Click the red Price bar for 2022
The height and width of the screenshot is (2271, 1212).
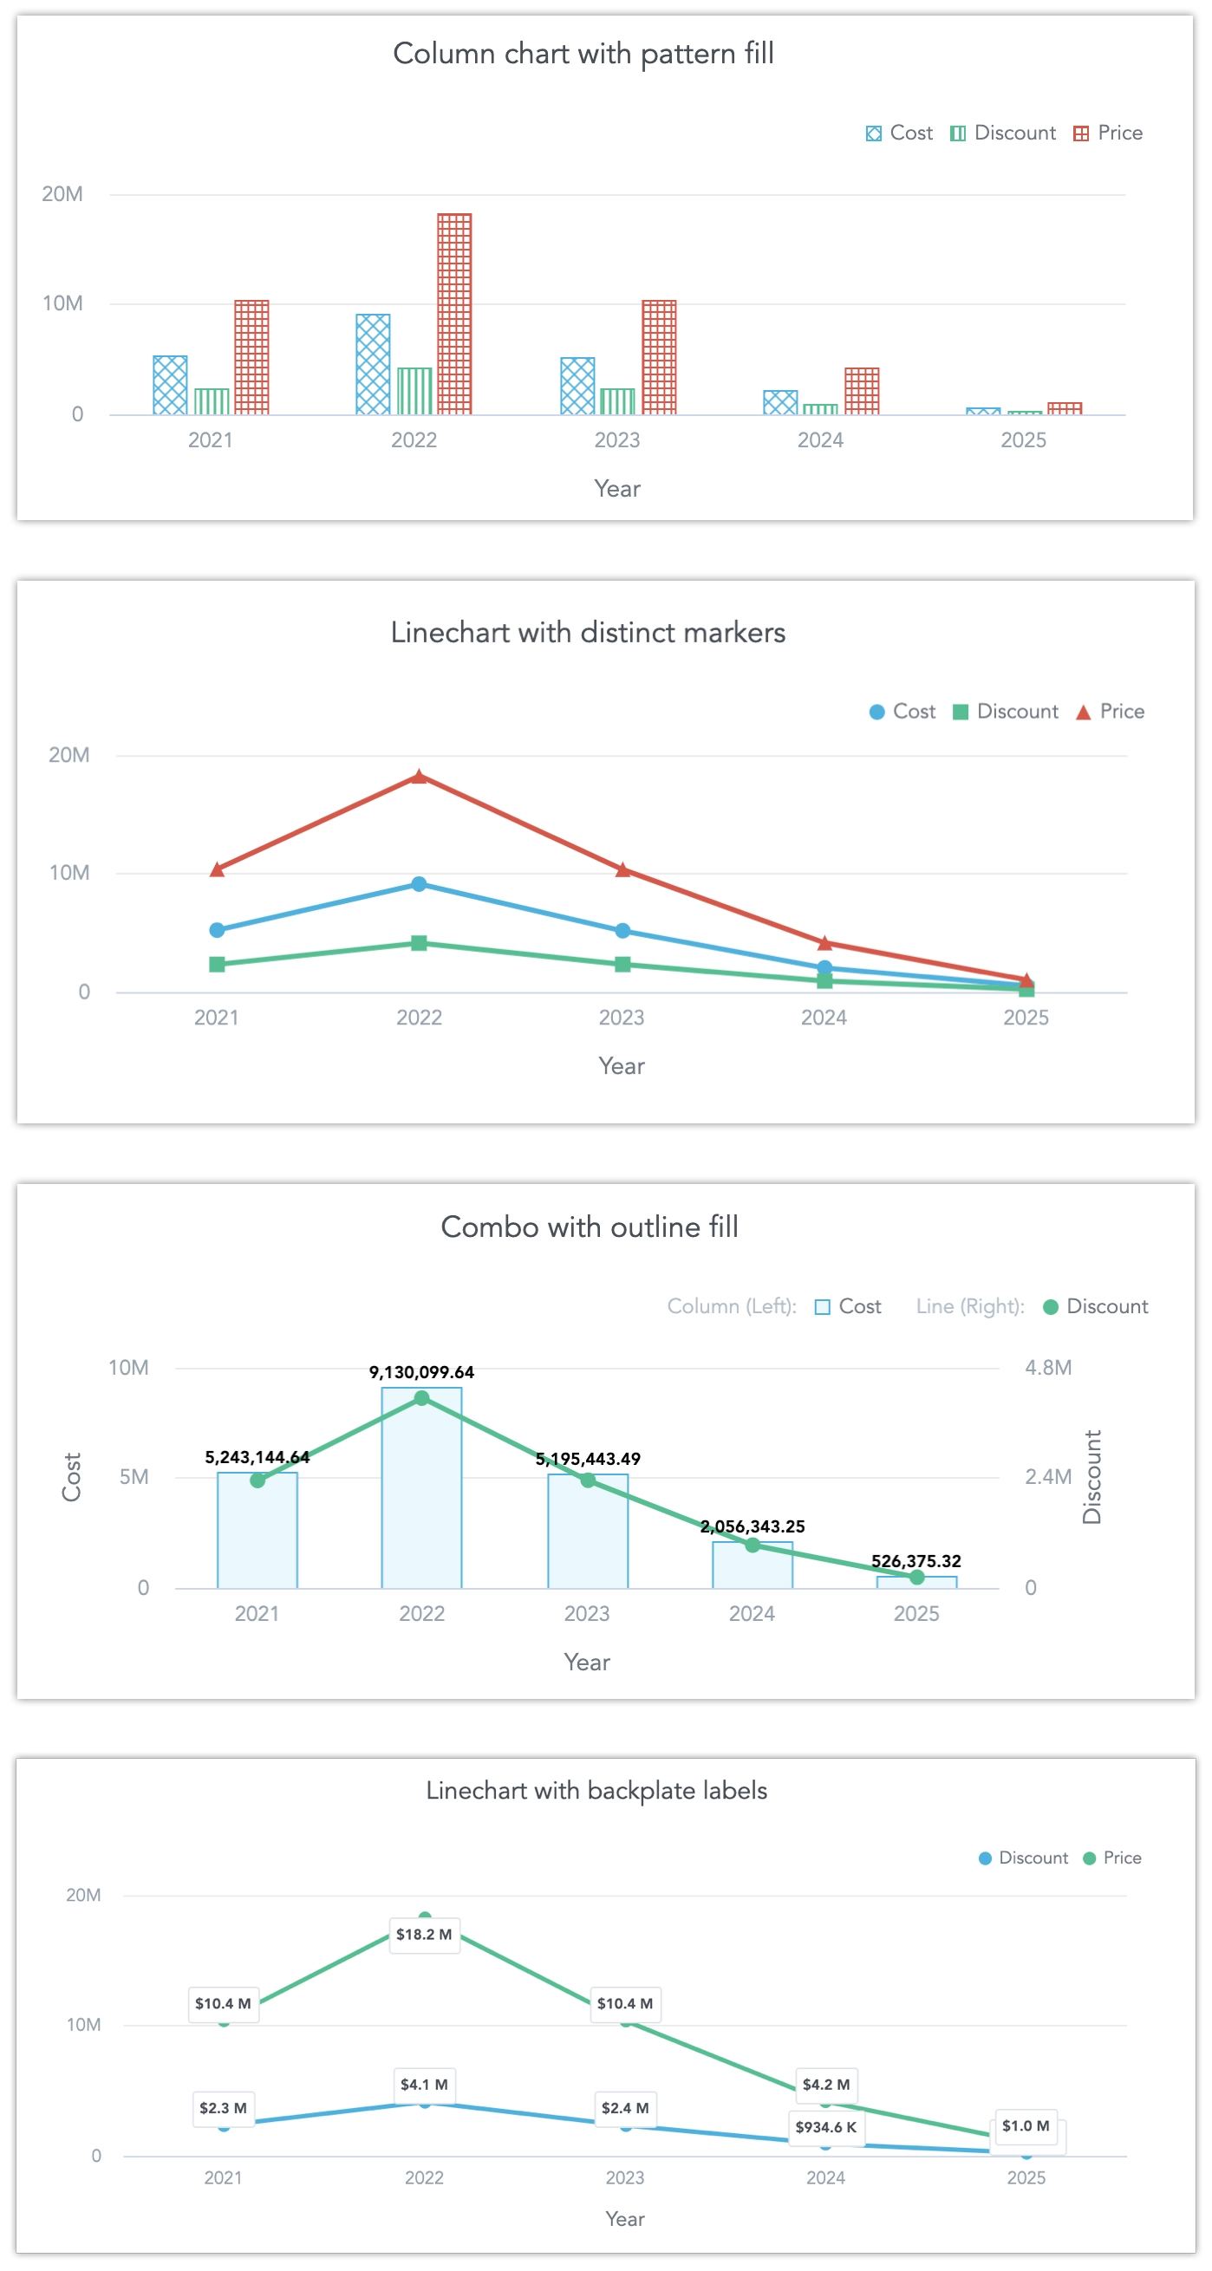click(x=454, y=313)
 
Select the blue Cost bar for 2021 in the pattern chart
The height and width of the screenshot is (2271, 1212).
click(x=170, y=385)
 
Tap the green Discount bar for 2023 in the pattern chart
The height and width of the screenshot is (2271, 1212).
click(x=617, y=401)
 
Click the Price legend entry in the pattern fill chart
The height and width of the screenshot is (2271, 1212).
click(x=1109, y=133)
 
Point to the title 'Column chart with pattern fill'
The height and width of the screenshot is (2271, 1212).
click(x=583, y=54)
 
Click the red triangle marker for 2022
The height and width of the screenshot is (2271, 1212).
click(x=420, y=777)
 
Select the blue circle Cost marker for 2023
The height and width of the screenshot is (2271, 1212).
click(x=622, y=931)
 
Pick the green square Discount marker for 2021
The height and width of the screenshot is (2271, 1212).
click(x=217, y=965)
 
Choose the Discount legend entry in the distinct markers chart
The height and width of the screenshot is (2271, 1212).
click(x=1007, y=712)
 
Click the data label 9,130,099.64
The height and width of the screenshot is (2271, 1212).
click(x=421, y=1372)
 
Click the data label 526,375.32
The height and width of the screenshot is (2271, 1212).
click(x=916, y=1561)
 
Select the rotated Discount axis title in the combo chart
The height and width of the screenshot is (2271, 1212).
click(x=1092, y=1477)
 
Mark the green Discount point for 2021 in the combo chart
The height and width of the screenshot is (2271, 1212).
click(x=257, y=1480)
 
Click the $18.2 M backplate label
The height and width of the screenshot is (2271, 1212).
click(x=424, y=1934)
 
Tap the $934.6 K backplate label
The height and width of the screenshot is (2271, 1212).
click(x=826, y=2127)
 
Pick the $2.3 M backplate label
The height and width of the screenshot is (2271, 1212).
click(x=223, y=2108)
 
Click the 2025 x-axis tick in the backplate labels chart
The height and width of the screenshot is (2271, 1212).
click(x=1026, y=2177)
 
